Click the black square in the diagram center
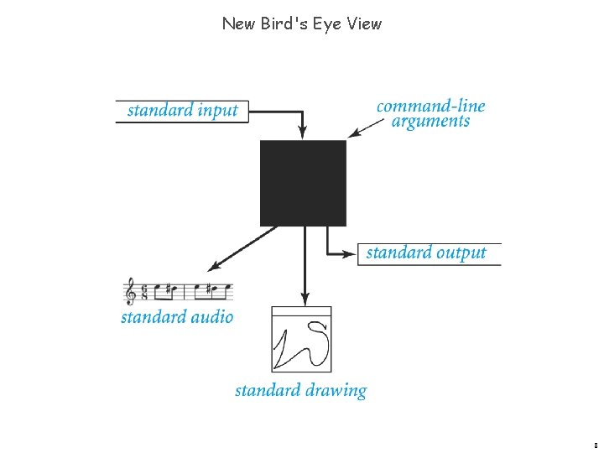tap(303, 183)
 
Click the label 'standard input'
tap(182, 111)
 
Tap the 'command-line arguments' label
tap(431, 114)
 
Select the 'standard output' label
tap(426, 253)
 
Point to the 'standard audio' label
tap(177, 317)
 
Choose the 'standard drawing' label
tap(300, 390)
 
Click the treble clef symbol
tap(130, 292)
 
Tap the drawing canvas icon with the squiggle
tap(301, 340)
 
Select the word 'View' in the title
tap(365, 23)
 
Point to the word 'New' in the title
tap(239, 23)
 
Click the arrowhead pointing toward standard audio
tap(214, 266)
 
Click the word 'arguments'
tap(431, 122)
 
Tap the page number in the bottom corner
tap(595, 445)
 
